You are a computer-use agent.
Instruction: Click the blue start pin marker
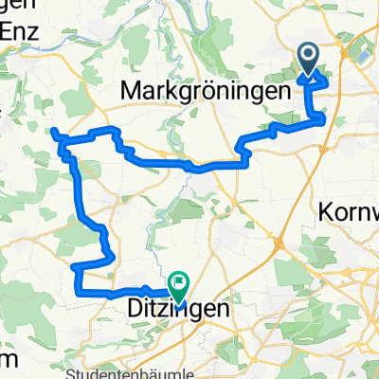pyautogui.click(x=310, y=58)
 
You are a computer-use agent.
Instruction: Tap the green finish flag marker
pyautogui.click(x=179, y=281)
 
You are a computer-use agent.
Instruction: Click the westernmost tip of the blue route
pyautogui.click(x=53, y=131)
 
